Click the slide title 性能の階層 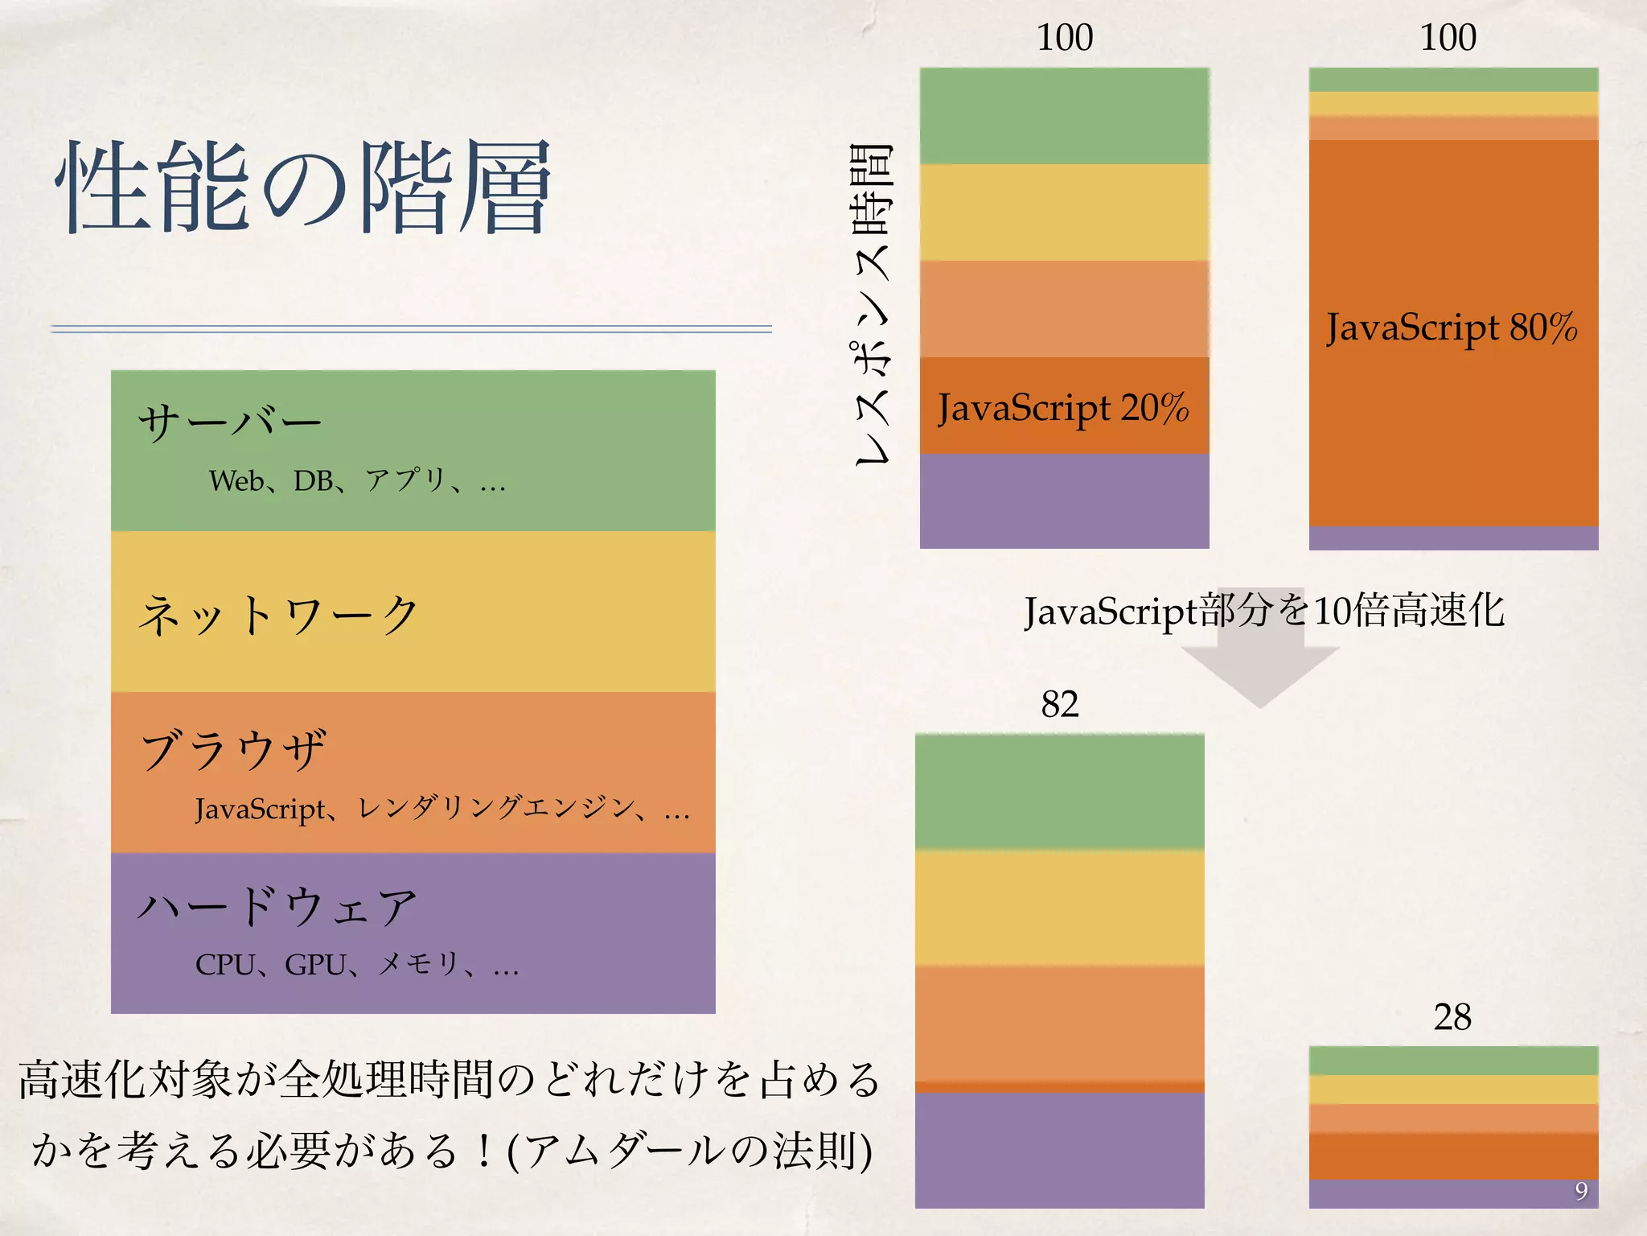click(x=303, y=187)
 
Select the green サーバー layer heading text click(x=229, y=422)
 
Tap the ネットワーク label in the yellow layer click(x=277, y=615)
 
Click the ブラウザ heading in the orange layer click(x=233, y=750)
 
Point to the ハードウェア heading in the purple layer click(x=277, y=907)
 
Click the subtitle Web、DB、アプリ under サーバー click(x=356, y=480)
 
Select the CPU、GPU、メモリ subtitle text click(x=356, y=964)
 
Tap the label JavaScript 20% click(x=1062, y=408)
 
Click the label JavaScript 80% click(x=1452, y=328)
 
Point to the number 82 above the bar click(x=1059, y=704)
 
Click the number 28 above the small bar click(x=1452, y=1017)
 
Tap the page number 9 click(x=1580, y=1190)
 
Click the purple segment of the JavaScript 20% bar click(x=1064, y=501)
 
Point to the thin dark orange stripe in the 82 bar click(x=1059, y=1087)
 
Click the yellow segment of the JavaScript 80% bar click(x=1453, y=104)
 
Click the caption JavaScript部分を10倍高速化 click(x=1263, y=611)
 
